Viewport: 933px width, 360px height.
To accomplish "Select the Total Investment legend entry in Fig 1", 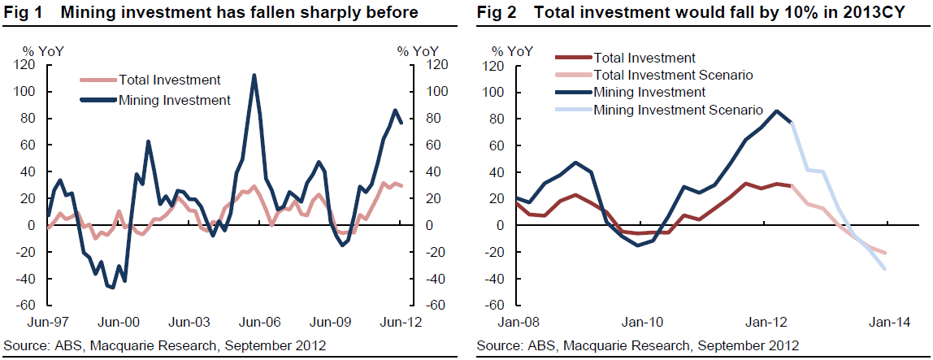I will pyautogui.click(x=169, y=80).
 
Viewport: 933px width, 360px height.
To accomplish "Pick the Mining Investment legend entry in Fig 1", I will pyautogui.click(x=174, y=101).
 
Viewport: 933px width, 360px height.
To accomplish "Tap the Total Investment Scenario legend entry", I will pyautogui.click(x=673, y=75).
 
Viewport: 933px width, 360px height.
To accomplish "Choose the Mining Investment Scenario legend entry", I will pyautogui.click(x=678, y=110).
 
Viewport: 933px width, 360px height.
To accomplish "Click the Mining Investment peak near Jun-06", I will pyautogui.click(x=254, y=76).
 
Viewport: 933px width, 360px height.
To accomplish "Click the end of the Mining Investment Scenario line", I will pyautogui.click(x=885, y=268).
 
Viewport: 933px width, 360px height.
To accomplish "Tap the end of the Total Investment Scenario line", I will pyautogui.click(x=885, y=253).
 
